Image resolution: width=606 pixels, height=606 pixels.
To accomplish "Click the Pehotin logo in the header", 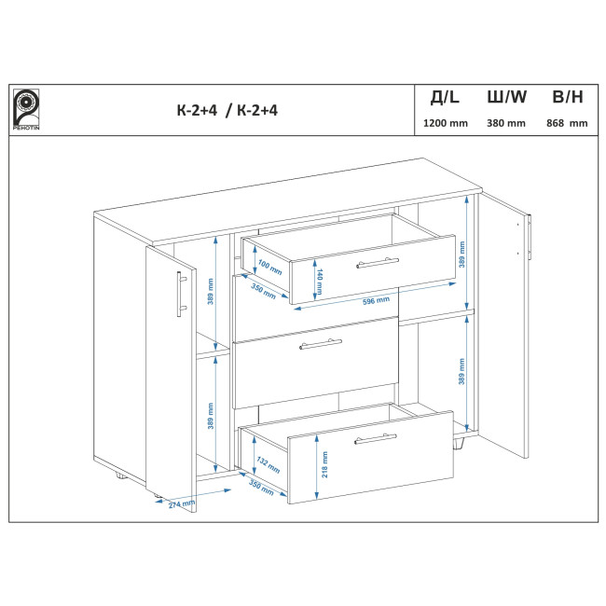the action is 26,110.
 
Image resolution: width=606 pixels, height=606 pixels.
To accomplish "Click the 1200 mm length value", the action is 446,123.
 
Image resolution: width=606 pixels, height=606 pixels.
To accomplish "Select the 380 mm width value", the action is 506,123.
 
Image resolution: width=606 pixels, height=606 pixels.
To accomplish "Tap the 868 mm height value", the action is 567,123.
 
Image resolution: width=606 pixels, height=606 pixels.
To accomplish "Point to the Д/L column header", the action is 446,97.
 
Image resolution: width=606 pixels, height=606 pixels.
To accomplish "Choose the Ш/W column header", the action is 506,97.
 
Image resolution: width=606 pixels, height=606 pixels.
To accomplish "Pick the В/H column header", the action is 568,97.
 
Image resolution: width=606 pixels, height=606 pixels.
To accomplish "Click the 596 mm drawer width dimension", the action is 376,300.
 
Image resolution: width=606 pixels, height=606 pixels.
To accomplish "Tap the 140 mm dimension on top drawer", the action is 320,281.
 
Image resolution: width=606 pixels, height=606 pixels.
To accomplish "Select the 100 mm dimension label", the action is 269,268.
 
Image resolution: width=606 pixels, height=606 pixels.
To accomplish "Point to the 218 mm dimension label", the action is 324,464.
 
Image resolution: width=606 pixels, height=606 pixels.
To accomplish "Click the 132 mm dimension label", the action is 269,465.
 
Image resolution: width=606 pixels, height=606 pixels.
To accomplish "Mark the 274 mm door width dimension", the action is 182,504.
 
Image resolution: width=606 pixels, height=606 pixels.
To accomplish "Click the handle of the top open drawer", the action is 378,263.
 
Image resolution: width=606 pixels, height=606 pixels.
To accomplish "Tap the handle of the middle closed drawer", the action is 321,344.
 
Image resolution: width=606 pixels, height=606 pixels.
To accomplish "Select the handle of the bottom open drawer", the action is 376,439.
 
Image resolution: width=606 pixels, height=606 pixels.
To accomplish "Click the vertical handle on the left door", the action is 181,294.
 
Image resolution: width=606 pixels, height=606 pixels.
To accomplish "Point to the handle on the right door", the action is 530,237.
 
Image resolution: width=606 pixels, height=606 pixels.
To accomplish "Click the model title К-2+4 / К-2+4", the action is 227,111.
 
